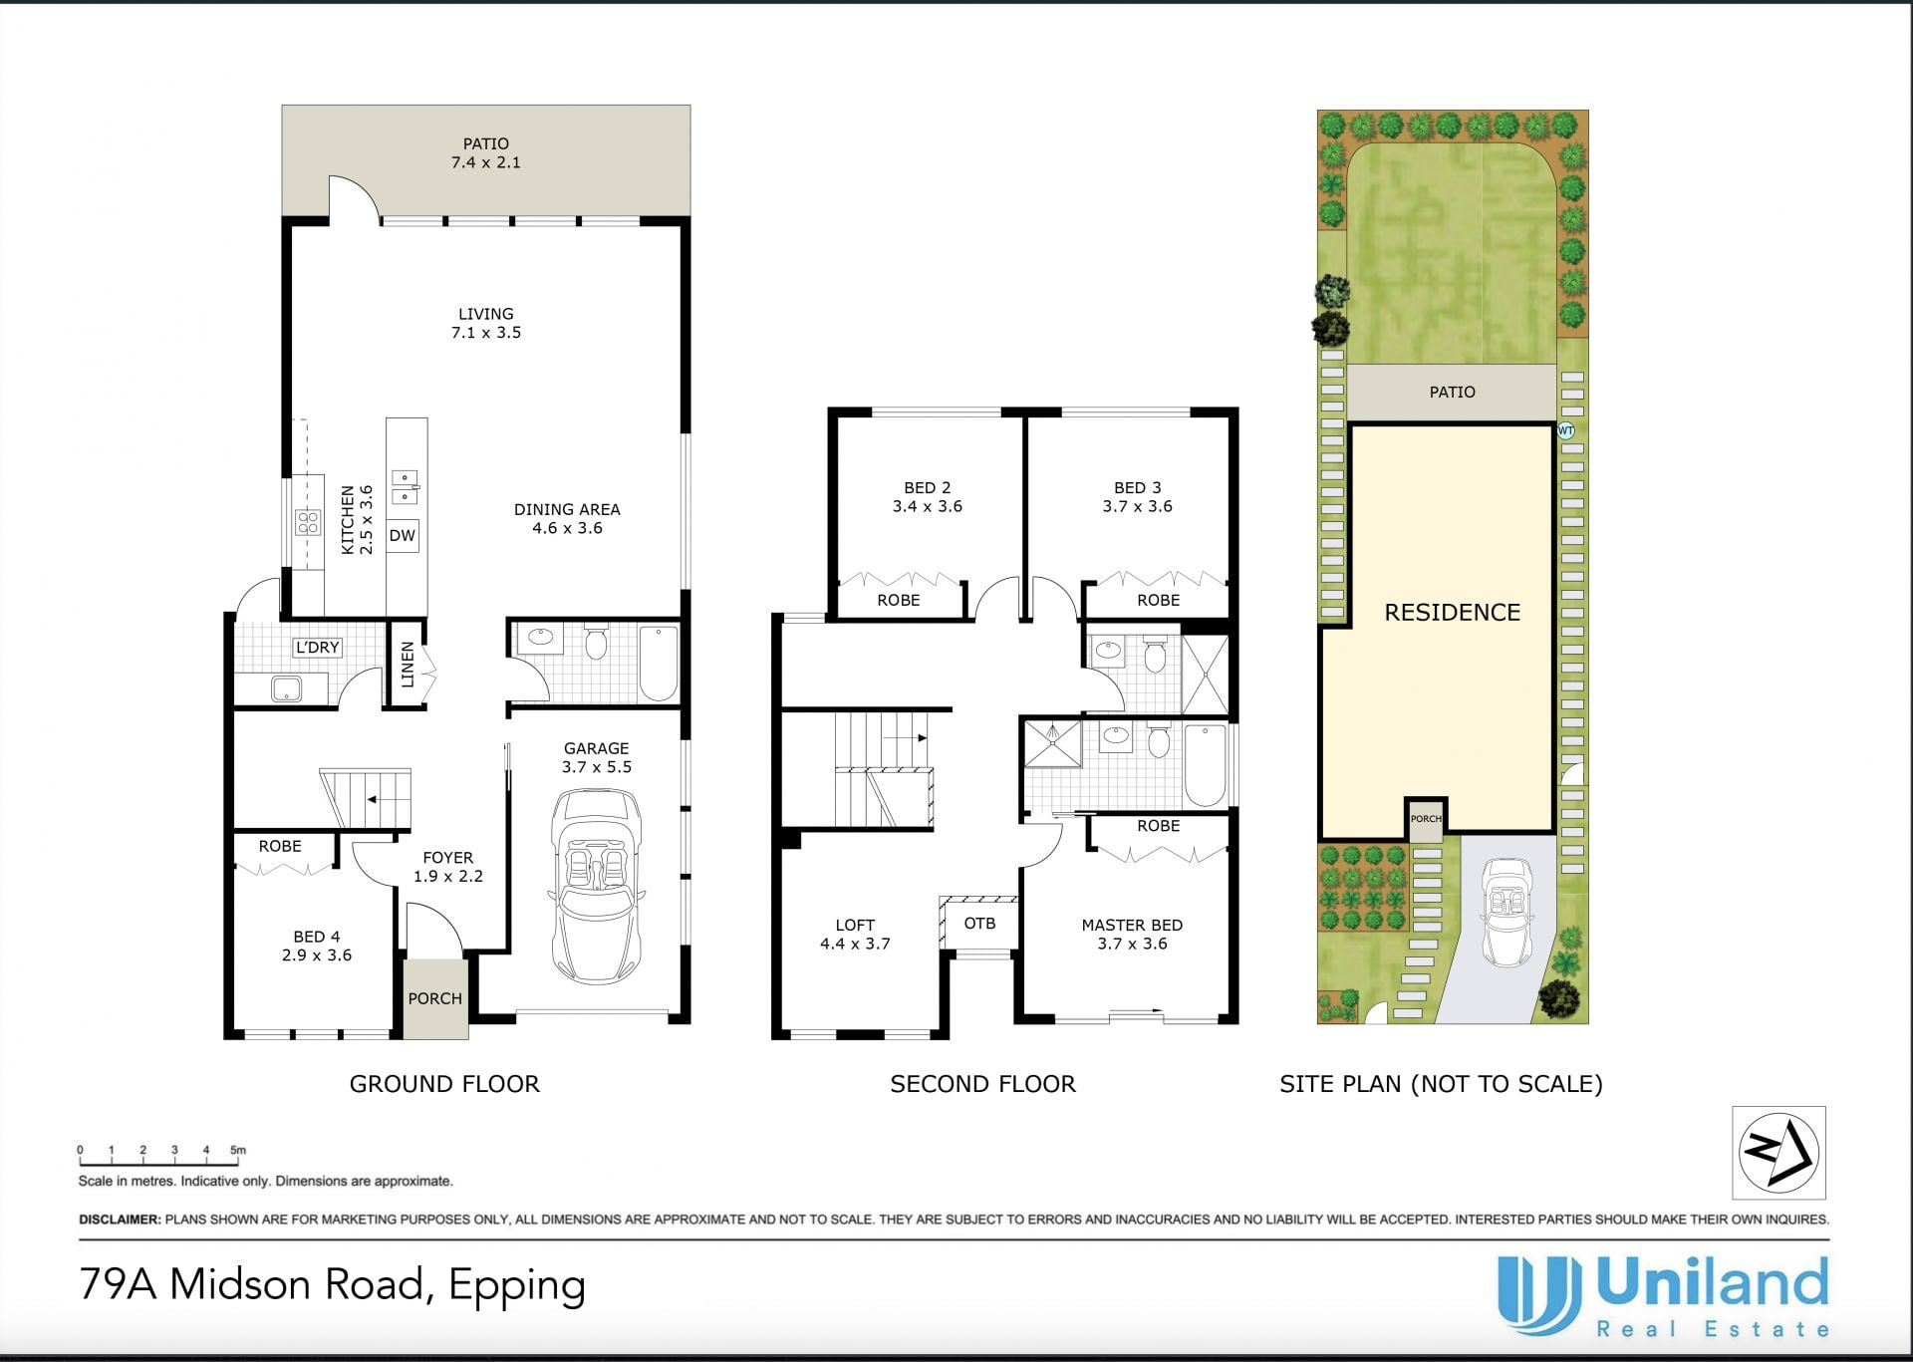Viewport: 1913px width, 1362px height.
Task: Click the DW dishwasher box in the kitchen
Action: (403, 536)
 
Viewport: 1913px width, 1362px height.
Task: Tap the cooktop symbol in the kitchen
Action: (308, 523)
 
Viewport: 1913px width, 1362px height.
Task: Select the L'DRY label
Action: (318, 648)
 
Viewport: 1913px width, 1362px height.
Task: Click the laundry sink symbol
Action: (287, 687)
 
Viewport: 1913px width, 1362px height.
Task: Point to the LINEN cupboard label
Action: (407, 665)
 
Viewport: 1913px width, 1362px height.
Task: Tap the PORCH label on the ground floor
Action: (435, 998)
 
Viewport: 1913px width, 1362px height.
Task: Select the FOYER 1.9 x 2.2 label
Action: (447, 867)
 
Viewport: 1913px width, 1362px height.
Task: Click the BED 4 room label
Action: (317, 937)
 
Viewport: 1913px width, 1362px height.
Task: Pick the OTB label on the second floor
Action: (979, 924)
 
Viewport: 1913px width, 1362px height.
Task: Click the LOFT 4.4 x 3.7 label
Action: (855, 935)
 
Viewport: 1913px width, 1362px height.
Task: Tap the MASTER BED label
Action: (1132, 925)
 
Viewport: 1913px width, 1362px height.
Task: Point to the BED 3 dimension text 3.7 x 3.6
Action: (1137, 506)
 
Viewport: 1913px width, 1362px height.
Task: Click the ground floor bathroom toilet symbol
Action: (596, 643)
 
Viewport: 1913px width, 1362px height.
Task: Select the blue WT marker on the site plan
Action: (1565, 431)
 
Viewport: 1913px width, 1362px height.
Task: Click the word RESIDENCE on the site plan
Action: (1452, 613)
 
